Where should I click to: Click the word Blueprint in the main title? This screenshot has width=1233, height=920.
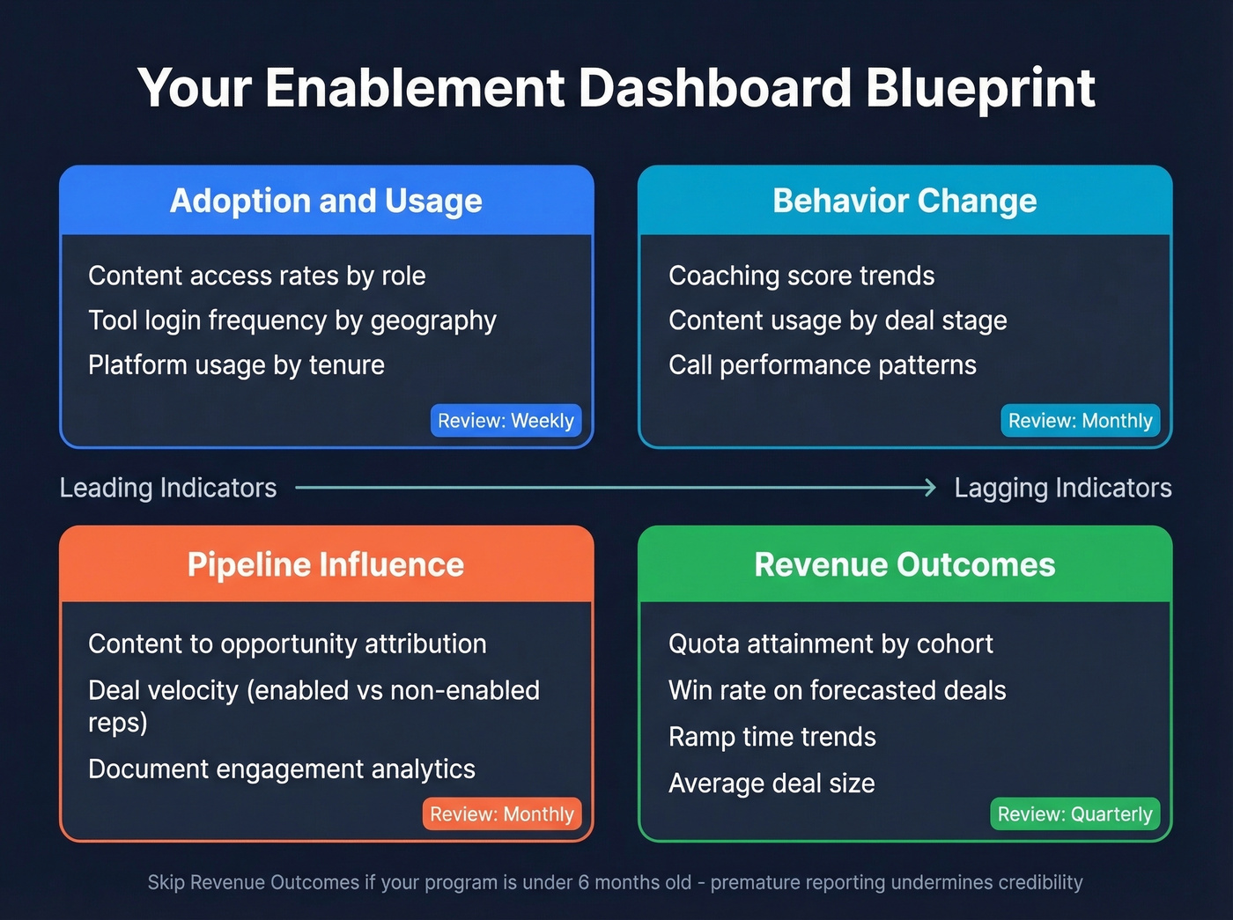[x=979, y=88]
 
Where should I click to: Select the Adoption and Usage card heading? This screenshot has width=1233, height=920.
[x=326, y=201]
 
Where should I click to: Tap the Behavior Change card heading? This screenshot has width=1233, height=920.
[x=904, y=201]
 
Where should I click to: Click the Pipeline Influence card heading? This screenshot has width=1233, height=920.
[x=326, y=564]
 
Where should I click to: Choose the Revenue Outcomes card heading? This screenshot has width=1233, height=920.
[x=904, y=564]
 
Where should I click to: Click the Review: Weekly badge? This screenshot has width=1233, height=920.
[x=506, y=421]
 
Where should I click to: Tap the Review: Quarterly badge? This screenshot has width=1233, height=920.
[x=1074, y=814]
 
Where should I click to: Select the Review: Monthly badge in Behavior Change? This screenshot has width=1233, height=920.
[x=1080, y=421]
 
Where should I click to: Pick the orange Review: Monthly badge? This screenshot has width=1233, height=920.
[x=502, y=814]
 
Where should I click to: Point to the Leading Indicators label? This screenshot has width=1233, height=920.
[x=168, y=488]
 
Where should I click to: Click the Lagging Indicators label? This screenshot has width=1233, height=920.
[x=1063, y=488]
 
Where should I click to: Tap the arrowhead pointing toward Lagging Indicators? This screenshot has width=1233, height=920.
[x=930, y=488]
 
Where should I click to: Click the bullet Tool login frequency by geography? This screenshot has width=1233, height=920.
[x=292, y=320]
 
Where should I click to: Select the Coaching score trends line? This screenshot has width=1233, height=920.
[x=801, y=276]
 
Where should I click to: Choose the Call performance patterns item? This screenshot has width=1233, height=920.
[x=823, y=365]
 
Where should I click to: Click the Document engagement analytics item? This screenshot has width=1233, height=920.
[x=282, y=769]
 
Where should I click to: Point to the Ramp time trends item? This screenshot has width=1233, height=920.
[x=772, y=737]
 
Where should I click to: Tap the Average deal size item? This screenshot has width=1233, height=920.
[x=772, y=784]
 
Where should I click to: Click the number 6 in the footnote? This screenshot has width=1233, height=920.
[x=583, y=882]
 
